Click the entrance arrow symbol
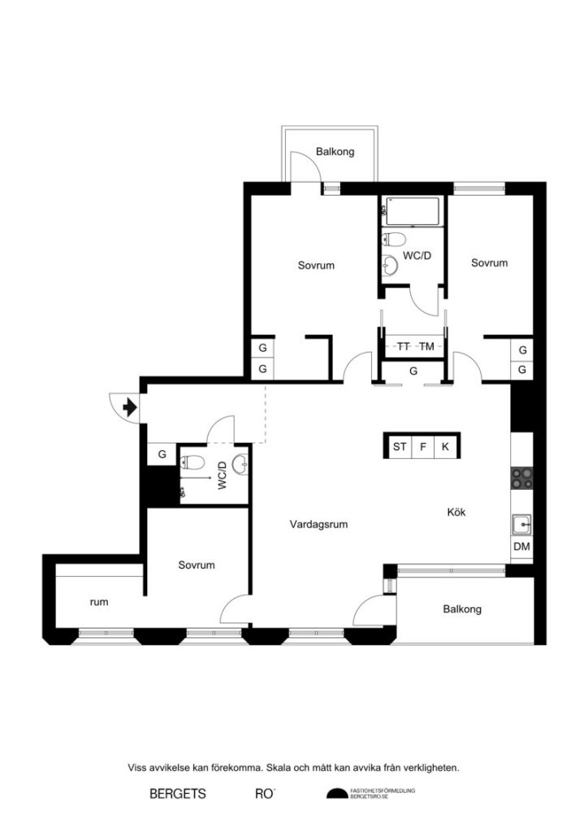128,404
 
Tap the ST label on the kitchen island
399,446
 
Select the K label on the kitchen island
445,446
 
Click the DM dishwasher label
521,547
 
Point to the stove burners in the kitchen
521,479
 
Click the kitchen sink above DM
521,524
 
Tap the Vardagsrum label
318,524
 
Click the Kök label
456,512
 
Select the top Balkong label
335,152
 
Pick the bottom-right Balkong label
462,609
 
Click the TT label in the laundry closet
404,346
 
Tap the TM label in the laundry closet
426,346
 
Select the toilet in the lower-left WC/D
193,464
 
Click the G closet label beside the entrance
162,454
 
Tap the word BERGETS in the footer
177,793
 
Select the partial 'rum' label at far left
99,602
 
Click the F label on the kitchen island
423,446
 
